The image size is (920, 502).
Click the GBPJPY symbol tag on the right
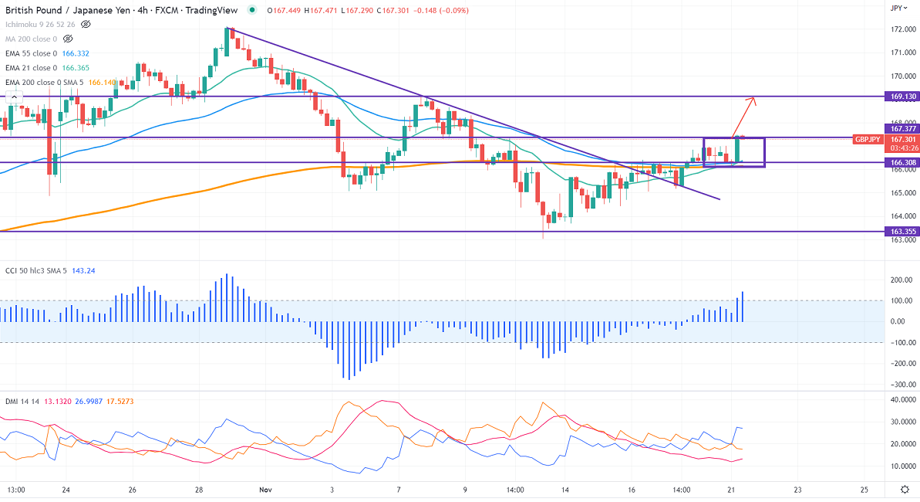tap(868, 139)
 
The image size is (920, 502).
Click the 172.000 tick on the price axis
tap(901, 29)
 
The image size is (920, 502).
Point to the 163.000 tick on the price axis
tap(901, 239)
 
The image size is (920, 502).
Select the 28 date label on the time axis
tap(199, 490)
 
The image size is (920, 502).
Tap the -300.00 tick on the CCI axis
tap(901, 385)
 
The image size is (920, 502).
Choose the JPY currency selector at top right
tap(896, 8)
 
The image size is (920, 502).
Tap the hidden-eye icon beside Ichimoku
tap(86, 24)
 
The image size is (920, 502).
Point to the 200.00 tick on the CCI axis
tap(901, 280)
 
